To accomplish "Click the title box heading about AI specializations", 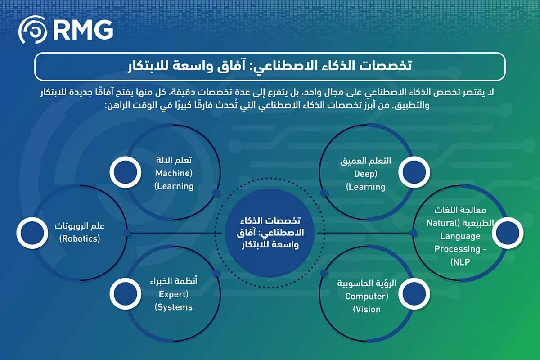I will click(270, 66).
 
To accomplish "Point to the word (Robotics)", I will click(80, 238).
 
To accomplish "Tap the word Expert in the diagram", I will click(173, 295).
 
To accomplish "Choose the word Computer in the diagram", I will click(366, 296).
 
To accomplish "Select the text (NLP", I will click(459, 261).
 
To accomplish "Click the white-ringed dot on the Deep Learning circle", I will click(414, 172).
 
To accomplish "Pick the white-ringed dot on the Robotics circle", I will click(32, 233).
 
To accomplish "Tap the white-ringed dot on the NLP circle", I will click(508, 233).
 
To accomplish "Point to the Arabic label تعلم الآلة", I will click(173, 161).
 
